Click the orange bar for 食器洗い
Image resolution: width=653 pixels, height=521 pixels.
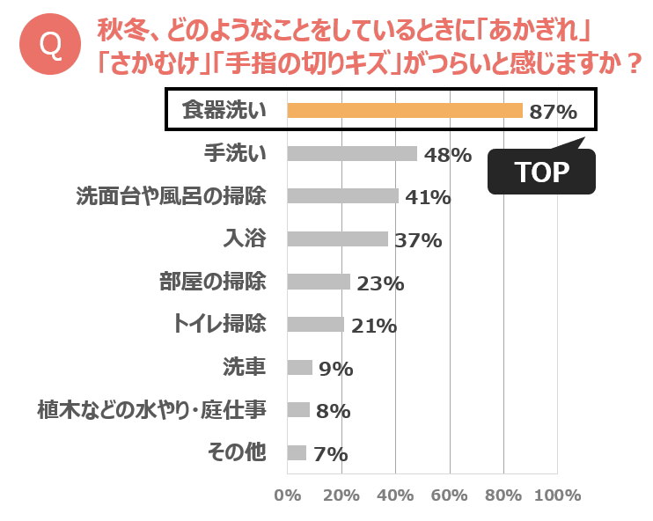(x=405, y=111)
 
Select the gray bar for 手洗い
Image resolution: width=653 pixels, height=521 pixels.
(x=352, y=153)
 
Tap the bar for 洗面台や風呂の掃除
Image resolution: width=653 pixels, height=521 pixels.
(x=343, y=195)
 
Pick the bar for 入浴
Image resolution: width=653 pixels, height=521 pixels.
(x=338, y=238)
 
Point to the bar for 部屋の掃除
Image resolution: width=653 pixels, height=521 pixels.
(x=319, y=282)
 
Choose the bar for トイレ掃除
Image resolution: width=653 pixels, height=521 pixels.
(x=316, y=324)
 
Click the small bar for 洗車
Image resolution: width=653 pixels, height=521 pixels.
(x=300, y=367)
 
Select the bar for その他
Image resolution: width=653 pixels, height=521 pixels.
(x=297, y=452)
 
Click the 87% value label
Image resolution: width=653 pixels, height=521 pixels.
(x=553, y=113)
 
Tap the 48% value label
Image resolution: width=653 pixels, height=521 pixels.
(x=447, y=156)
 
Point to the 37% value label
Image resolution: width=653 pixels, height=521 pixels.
(x=418, y=240)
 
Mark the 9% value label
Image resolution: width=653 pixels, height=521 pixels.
(x=335, y=370)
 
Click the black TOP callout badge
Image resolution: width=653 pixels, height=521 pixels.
(x=541, y=172)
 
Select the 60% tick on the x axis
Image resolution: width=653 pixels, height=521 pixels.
(x=449, y=495)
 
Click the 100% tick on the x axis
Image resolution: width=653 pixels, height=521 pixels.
(x=557, y=495)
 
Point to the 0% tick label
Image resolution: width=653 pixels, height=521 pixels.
(x=288, y=495)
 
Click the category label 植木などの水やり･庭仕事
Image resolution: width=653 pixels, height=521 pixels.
(x=150, y=409)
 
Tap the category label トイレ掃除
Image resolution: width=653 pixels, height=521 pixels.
(x=217, y=324)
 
